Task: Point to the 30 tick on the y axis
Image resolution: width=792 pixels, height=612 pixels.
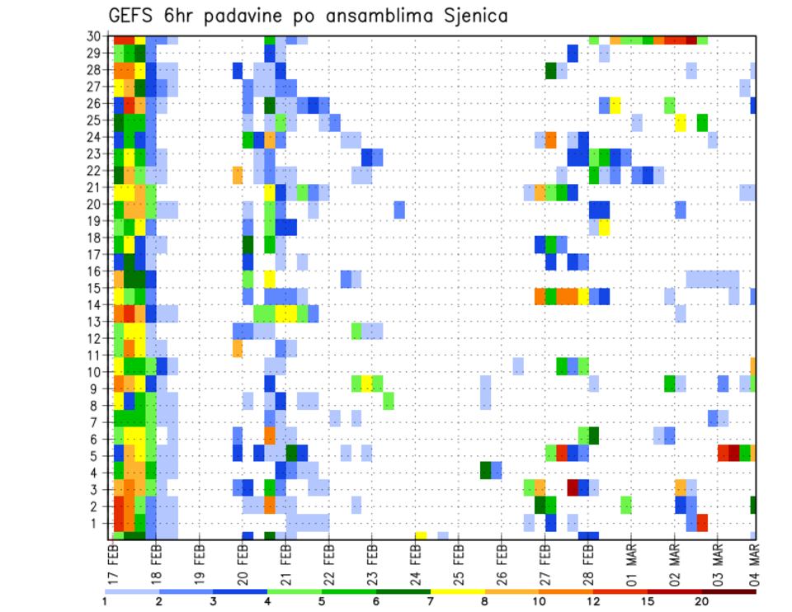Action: click(97, 36)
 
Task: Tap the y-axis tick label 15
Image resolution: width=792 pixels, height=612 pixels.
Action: click(97, 289)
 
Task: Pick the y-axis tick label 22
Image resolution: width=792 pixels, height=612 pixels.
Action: click(97, 171)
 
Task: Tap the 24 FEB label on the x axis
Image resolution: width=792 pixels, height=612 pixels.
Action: click(416, 563)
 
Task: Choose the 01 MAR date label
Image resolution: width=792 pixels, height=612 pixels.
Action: click(632, 563)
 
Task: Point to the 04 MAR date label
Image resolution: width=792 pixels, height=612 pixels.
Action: click(755, 563)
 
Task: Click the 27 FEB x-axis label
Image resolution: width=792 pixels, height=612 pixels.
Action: click(545, 563)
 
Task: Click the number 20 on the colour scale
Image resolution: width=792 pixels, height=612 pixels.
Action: click(702, 600)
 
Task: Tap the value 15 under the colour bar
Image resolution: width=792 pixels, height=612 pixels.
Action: click(648, 600)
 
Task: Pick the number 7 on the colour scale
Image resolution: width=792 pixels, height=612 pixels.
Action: click(431, 600)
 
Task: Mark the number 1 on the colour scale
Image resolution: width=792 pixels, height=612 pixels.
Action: click(105, 600)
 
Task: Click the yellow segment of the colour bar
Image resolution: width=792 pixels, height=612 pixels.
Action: click(458, 591)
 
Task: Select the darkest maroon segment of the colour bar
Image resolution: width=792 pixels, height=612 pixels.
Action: click(729, 591)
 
